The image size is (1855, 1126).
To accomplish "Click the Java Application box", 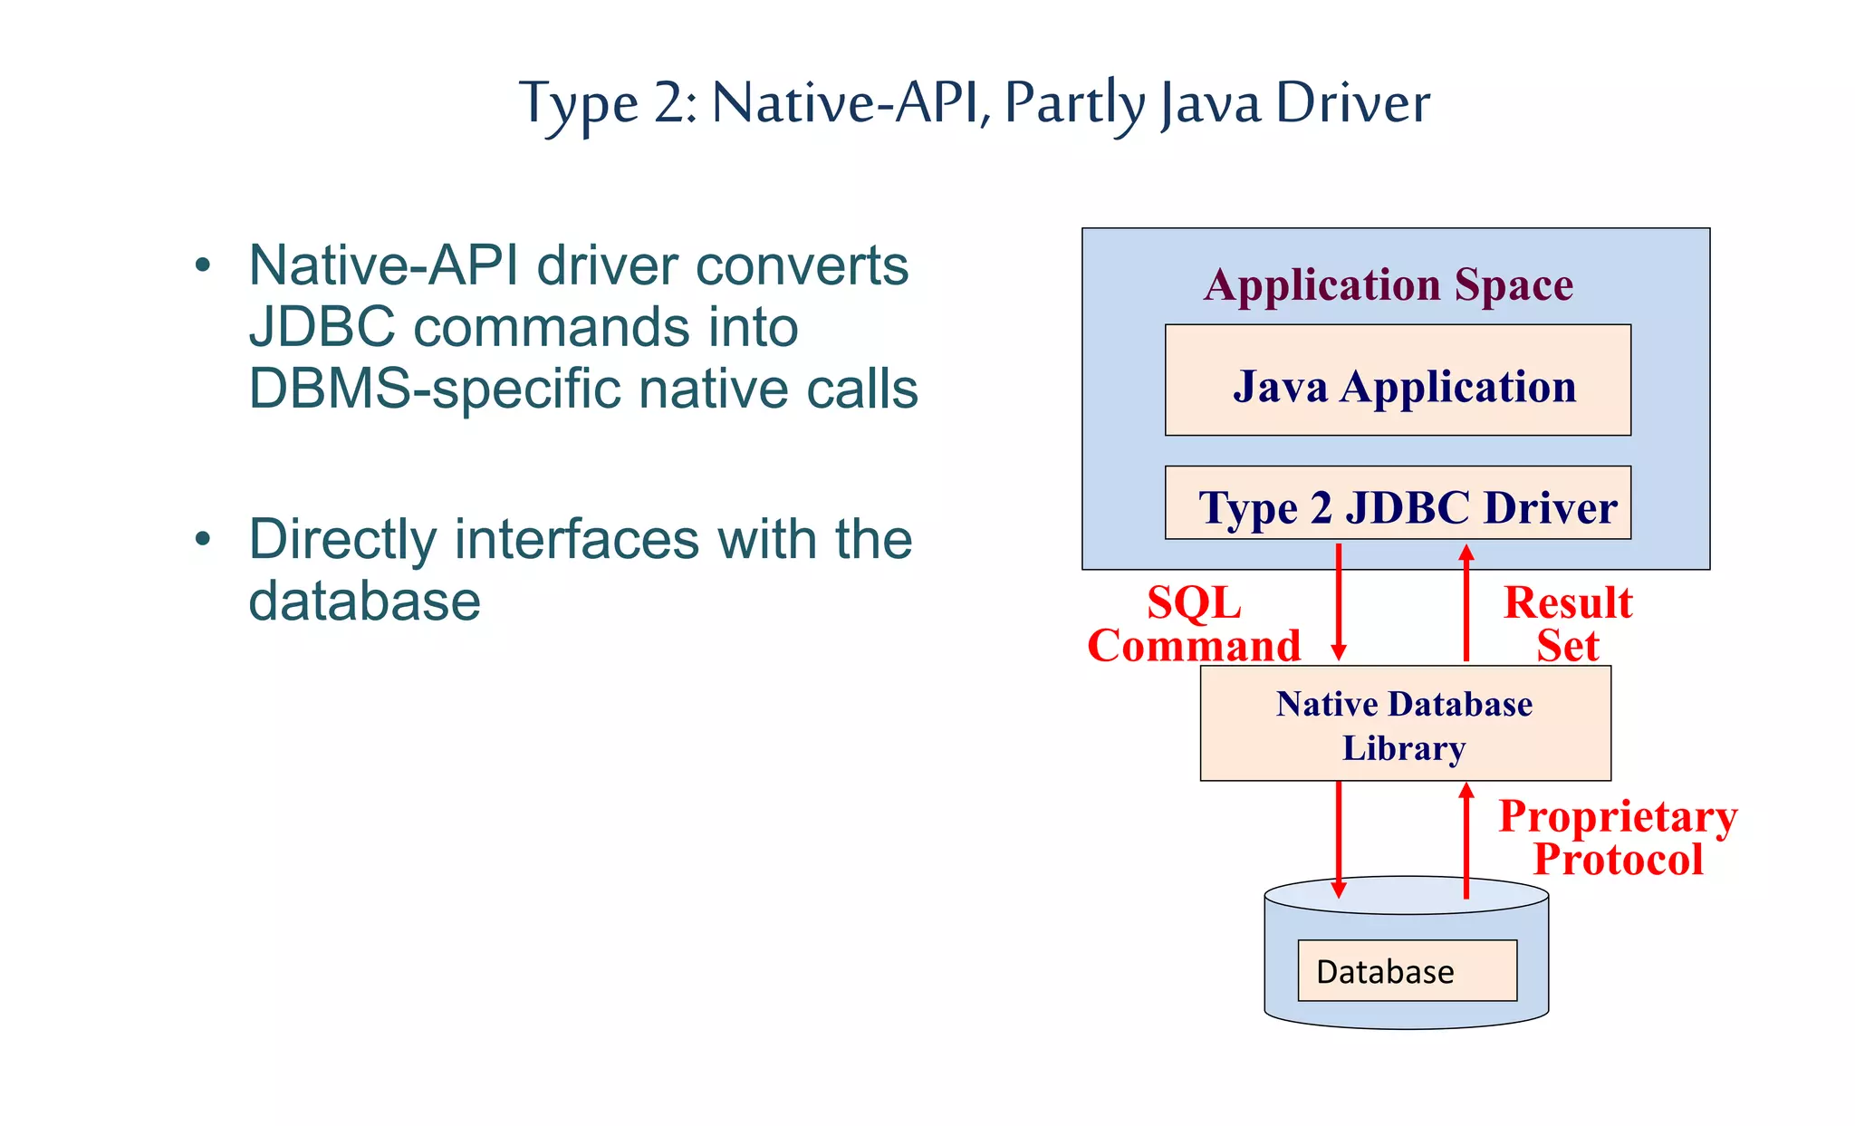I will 1398,380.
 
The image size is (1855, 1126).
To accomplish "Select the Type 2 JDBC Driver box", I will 1398,505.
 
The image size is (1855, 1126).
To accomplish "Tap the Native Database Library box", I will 1405,724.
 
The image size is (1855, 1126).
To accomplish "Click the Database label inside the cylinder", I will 1385,971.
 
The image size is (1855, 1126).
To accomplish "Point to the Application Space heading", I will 1389,284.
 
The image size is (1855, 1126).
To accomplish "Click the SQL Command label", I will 1194,624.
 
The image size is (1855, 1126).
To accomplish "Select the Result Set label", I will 1568,624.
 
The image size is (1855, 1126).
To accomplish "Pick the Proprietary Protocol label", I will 1618,837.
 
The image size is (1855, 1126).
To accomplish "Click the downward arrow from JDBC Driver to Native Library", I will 1339,602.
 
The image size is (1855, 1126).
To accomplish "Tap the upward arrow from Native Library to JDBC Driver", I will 1466,602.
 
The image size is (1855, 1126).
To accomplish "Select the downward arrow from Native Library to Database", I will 1339,838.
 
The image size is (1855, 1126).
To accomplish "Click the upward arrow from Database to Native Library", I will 1466,838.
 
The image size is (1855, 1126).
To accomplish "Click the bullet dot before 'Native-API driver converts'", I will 203,265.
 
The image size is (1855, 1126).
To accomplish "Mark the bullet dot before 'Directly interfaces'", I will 203,539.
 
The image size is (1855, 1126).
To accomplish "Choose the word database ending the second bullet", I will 364,601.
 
